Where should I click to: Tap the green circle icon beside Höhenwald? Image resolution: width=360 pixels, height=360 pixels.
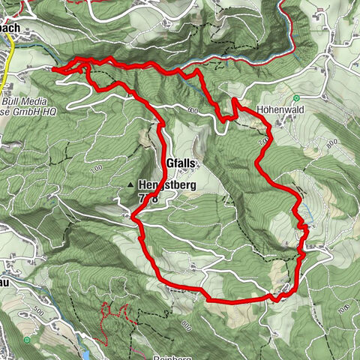tap(297, 97)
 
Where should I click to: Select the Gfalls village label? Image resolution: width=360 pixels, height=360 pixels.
tap(181, 163)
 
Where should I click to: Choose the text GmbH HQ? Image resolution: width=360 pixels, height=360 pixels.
tap(30, 110)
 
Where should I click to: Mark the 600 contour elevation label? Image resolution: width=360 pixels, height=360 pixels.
tap(193, 111)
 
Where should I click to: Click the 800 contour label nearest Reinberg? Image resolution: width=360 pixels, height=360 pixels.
tap(186, 325)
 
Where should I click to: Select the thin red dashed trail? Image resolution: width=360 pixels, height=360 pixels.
tap(112, 315)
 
